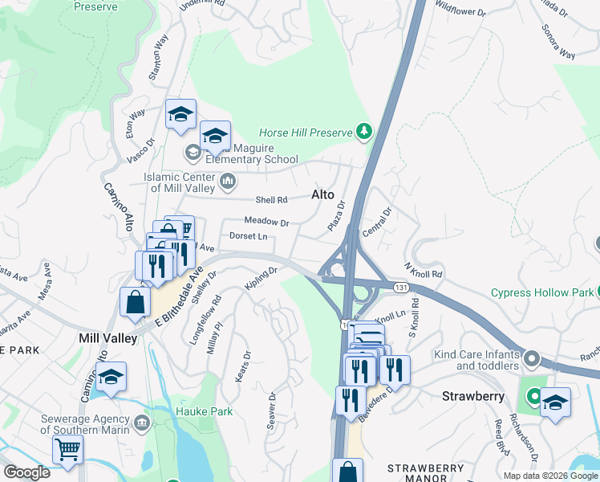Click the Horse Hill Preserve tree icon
(364, 131)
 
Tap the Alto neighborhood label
(322, 194)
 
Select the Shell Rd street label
(271, 200)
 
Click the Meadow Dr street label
(266, 222)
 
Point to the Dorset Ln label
(248, 236)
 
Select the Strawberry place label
(472, 396)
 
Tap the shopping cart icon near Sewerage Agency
(67, 451)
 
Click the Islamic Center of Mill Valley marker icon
(227, 182)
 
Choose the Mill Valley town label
(108, 338)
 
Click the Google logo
(26, 472)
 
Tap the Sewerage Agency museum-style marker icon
(142, 422)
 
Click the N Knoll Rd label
(424, 269)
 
